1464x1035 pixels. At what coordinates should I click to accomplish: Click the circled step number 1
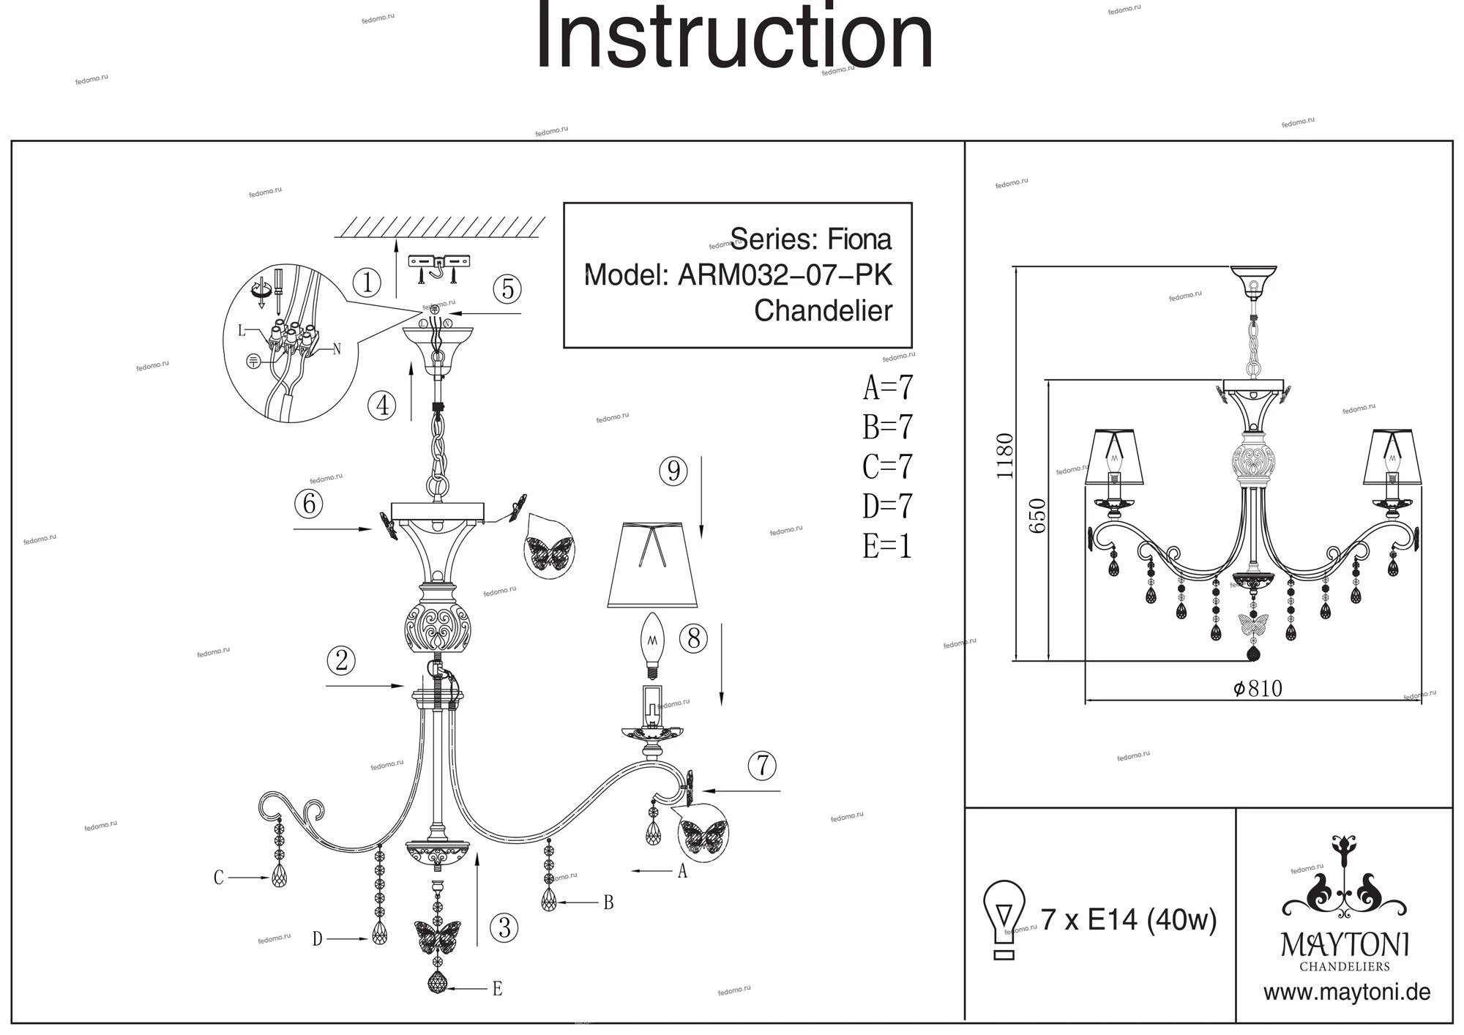(367, 283)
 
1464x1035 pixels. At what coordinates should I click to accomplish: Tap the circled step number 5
(507, 290)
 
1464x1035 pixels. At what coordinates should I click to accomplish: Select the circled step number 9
(673, 471)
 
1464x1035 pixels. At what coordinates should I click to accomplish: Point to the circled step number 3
(504, 928)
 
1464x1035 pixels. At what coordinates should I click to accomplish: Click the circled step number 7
(762, 766)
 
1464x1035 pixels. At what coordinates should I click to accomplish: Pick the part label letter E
(497, 990)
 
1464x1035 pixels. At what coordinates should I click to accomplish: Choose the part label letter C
(218, 878)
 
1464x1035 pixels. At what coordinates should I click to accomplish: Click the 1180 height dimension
(1006, 455)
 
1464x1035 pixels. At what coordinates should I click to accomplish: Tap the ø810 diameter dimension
(1258, 689)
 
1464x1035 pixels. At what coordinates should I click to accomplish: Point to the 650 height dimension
(1038, 516)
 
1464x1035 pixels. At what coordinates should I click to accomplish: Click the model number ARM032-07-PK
(785, 276)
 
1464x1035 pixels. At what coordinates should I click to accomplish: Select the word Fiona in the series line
(859, 239)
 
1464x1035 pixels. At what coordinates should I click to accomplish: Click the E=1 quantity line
(887, 546)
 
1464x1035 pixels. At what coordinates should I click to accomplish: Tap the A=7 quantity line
(888, 388)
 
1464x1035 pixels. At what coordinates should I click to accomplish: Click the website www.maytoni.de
(1347, 993)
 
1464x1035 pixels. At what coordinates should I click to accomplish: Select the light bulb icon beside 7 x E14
(1004, 919)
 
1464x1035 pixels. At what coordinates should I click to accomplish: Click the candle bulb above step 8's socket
(651, 644)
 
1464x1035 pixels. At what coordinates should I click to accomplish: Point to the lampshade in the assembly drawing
(652, 564)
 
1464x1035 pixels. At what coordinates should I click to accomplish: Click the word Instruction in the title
(734, 37)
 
